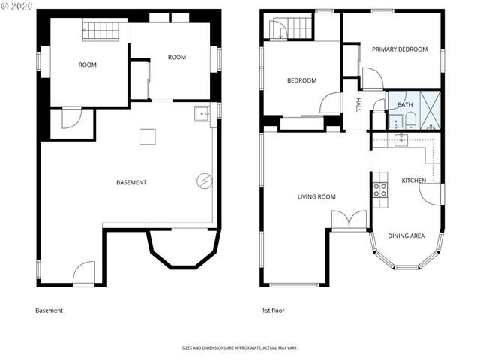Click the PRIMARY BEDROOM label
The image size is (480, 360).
click(400, 49)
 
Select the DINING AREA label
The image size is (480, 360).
click(406, 235)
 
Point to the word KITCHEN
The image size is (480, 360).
click(413, 181)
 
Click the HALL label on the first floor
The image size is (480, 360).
click(358, 103)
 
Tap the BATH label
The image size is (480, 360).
click(405, 105)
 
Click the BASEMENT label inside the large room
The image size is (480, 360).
click(131, 183)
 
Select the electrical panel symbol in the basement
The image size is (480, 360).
click(205, 181)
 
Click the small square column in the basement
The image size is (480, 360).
click(147, 136)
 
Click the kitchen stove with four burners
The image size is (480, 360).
click(380, 190)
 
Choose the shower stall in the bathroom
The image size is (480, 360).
click(430, 109)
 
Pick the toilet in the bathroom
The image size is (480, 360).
click(394, 121)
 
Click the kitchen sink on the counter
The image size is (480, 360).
click(401, 139)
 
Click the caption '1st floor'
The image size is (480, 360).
click(273, 310)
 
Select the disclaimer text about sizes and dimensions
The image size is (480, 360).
click(239, 348)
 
